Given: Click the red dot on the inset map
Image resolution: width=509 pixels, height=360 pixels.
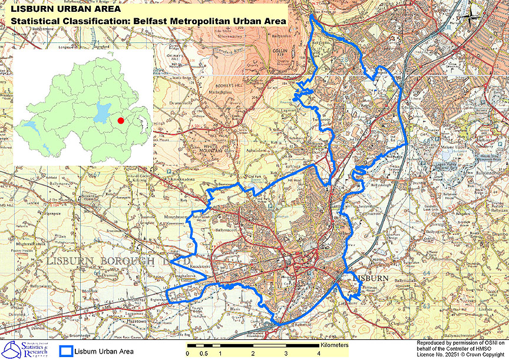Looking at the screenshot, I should click(x=120, y=120).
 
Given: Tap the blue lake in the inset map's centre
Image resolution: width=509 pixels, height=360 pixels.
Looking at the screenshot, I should click(x=103, y=111).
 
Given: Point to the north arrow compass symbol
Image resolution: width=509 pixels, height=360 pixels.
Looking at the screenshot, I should click(x=472, y=16).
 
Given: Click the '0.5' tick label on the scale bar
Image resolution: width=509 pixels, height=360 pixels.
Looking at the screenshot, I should click(x=203, y=354).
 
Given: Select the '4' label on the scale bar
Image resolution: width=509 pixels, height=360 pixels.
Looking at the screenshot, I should click(x=318, y=354).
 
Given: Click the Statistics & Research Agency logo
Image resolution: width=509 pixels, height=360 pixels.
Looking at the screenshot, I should click(x=28, y=349).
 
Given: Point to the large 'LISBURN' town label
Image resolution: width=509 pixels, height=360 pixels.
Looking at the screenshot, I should click(x=372, y=278).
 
